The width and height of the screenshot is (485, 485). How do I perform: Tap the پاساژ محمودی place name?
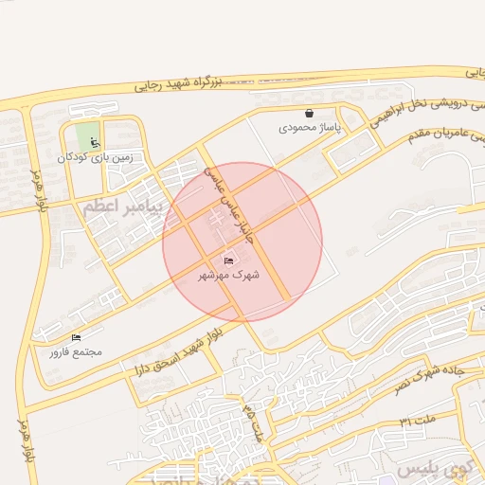pos(309,126)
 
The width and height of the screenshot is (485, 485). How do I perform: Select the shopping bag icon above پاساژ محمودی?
pos(309,113)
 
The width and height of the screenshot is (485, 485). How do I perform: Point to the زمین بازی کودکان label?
pos(94,157)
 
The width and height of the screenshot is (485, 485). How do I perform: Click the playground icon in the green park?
pos(94,143)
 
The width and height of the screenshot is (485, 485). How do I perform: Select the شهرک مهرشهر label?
pos(228,275)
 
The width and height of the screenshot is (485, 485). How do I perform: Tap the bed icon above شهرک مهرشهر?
pos(228,260)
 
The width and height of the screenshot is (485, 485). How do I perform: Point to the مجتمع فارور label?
pos(77,351)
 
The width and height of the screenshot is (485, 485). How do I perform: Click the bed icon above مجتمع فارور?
pos(77,337)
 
